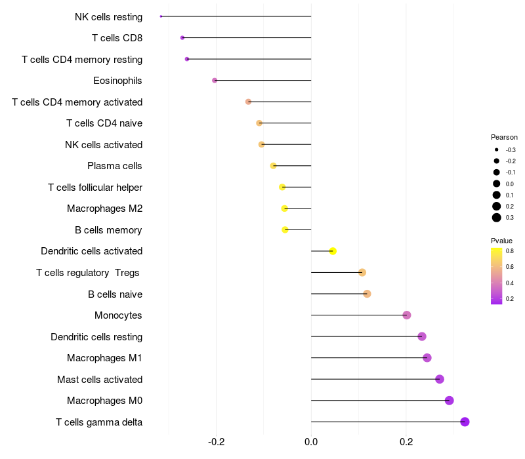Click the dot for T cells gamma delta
pos(465,422)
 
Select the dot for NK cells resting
pos(161,16)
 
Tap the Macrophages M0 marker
pos(449,401)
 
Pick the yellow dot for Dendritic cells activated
pos(333,251)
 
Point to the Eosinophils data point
pos(215,81)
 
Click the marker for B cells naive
pos(367,294)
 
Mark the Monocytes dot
pos(407,315)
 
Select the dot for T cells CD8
pos(182,38)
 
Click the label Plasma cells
pos(115,166)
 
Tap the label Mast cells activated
pos(100,380)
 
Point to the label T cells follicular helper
pos(95,188)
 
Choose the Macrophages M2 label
pos(104,209)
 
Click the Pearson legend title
pos(504,137)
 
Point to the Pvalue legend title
pos(502,241)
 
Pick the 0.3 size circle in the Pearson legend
pos(497,218)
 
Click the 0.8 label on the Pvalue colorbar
pos(510,250)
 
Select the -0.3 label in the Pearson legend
pos(511,150)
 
